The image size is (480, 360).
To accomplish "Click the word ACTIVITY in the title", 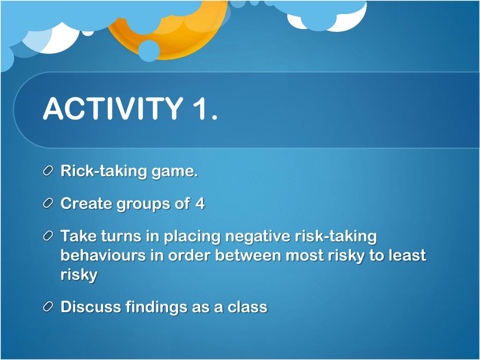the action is pos(113,108).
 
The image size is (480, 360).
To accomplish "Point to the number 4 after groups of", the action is pos(200,203).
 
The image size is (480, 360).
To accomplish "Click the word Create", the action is pos(86,203).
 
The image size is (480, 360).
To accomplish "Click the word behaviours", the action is pos(103,255).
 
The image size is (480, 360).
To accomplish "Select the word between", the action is pos(248,255).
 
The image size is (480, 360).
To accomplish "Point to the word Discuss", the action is pos(90,307).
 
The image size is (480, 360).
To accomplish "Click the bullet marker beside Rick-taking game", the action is pos(48,171).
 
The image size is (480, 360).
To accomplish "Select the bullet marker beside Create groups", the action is pos(48,203).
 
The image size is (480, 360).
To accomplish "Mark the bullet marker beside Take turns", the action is pos(48,236).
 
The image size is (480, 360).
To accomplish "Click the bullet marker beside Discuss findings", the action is pos(48,307).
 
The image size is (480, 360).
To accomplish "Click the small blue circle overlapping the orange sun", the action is pos(149,51).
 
